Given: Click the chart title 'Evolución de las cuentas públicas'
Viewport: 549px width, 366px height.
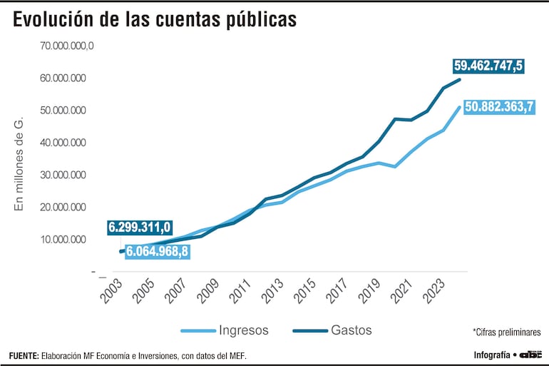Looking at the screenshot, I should (154, 20).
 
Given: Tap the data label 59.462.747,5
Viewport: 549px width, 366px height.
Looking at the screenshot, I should (488, 66).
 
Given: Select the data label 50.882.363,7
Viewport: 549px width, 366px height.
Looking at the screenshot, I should (498, 107).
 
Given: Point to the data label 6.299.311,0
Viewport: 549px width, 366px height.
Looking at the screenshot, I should (140, 228).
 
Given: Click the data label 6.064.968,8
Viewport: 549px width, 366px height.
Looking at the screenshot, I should (158, 251).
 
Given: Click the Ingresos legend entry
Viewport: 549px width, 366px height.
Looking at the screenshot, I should (225, 330).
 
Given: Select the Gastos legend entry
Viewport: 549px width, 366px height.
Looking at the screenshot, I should (332, 330).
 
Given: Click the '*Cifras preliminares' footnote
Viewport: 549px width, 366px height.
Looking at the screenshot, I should (506, 332).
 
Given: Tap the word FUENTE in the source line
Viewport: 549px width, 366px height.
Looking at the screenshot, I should (24, 355).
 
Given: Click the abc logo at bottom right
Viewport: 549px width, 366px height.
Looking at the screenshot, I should (531, 355).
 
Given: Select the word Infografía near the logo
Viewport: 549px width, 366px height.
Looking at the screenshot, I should (492, 355).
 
